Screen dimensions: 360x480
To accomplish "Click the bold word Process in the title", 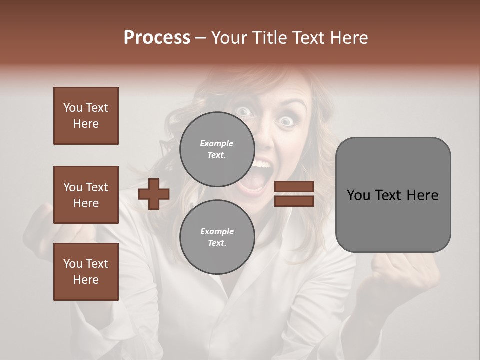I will click(157, 38).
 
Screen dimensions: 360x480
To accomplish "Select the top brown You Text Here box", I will click(86, 116).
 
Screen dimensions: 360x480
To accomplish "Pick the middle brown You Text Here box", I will click(86, 195).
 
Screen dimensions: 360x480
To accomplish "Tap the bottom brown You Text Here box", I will click(86, 272).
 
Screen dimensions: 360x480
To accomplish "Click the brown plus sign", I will click(153, 194).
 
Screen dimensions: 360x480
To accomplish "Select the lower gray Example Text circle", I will click(217, 237).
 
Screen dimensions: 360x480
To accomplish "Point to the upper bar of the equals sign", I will click(294, 187).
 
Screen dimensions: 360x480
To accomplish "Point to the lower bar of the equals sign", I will click(294, 201).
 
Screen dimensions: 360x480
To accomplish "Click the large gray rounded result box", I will click(393, 220).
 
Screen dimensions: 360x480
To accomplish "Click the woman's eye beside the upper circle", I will click(244, 112).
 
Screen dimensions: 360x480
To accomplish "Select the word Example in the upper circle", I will click(216, 143).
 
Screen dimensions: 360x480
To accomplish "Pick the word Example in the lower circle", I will click(217, 231).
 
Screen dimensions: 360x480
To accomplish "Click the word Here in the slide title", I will click(349, 38).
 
